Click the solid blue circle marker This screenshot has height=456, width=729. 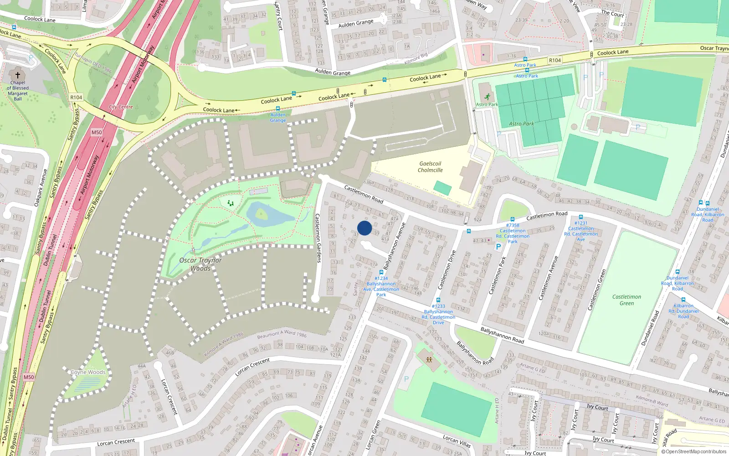[364, 228]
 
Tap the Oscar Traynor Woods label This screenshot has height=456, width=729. [200, 264]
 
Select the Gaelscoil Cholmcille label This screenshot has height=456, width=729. [430, 167]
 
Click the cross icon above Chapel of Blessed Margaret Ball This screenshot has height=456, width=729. [18, 75]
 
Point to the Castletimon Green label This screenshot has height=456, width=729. [626, 300]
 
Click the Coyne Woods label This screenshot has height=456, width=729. [88, 372]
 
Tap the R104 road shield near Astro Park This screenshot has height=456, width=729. [554, 60]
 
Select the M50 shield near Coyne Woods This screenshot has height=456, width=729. [29, 377]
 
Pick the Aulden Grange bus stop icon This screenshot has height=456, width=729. [278, 109]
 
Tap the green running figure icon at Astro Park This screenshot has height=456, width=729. [488, 97]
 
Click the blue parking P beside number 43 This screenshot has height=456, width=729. [498, 247]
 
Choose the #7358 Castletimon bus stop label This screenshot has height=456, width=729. [513, 233]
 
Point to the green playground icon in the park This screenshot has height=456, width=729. [231, 203]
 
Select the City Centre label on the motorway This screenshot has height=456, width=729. [121, 107]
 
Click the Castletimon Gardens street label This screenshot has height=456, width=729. [318, 238]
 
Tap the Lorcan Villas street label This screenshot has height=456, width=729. [457, 440]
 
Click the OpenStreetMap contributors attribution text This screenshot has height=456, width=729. [694, 451]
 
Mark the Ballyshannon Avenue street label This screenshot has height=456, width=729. [394, 246]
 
